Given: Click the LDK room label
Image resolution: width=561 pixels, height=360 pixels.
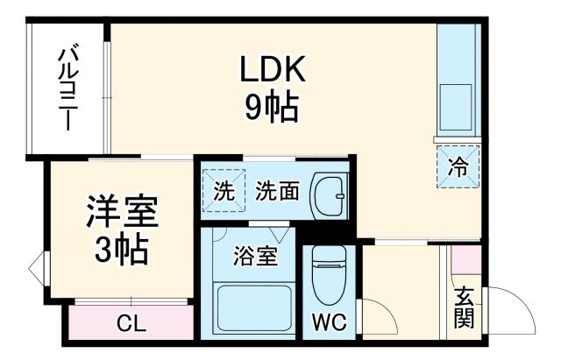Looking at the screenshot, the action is click(273, 69).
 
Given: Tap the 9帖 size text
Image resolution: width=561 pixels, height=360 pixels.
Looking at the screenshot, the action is click(272, 108).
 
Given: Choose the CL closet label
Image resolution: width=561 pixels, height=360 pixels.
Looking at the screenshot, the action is click(131, 323).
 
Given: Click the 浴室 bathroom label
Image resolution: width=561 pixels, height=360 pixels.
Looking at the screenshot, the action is click(255, 258).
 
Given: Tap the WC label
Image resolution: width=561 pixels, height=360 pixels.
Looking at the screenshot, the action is click(330, 321).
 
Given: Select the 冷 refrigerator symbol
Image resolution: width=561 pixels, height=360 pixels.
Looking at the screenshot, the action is click(458, 164).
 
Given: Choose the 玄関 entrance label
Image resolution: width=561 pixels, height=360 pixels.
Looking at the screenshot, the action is click(464, 307).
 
